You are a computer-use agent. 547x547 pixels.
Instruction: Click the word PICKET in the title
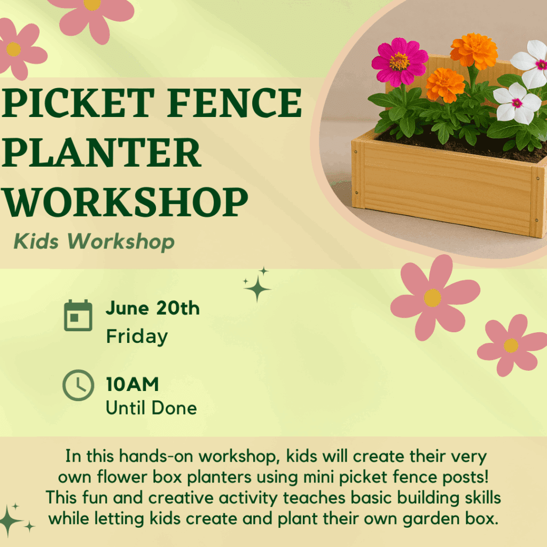pyautogui.click(x=78, y=103)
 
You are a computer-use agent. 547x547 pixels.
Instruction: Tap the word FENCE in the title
pyautogui.click(x=235, y=103)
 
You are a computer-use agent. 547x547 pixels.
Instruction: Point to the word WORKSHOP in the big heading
pyautogui.click(x=125, y=202)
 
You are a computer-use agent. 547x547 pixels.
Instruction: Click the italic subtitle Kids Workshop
pyautogui.click(x=94, y=241)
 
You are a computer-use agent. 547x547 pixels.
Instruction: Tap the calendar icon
pyautogui.click(x=78, y=315)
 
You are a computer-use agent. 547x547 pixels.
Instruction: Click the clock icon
pyautogui.click(x=78, y=385)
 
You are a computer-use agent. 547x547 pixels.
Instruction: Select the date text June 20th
pyautogui.click(x=153, y=308)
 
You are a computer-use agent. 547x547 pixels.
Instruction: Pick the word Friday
pyautogui.click(x=137, y=337)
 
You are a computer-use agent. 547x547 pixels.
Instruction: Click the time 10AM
pyautogui.click(x=132, y=385)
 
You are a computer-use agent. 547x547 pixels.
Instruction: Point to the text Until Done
pyautogui.click(x=151, y=408)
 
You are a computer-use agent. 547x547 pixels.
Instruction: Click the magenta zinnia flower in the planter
pyautogui.click(x=400, y=62)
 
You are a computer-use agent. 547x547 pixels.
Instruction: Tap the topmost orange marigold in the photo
pyautogui.click(x=474, y=51)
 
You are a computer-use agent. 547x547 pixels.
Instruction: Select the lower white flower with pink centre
pyautogui.click(x=517, y=103)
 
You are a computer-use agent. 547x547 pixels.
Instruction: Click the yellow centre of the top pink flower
pyautogui.click(x=92, y=4)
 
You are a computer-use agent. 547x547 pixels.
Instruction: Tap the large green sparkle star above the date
pyautogui.click(x=257, y=288)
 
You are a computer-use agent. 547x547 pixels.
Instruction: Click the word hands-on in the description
pyautogui.click(x=156, y=456)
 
